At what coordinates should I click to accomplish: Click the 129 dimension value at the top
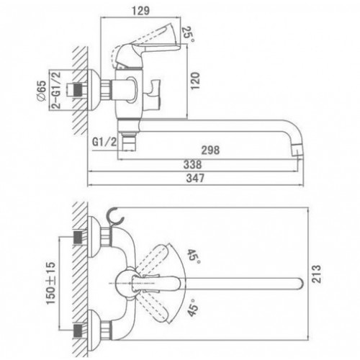(140, 11)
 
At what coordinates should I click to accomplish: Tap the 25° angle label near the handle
(189, 35)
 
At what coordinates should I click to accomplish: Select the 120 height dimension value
(195, 81)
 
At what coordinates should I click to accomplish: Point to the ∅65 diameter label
(42, 91)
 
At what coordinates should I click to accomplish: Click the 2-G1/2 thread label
(56, 90)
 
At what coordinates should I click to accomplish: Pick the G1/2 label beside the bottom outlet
(104, 142)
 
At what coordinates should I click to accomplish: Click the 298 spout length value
(210, 150)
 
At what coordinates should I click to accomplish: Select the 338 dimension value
(192, 165)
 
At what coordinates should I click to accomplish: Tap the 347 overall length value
(196, 178)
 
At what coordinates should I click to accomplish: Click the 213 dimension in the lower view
(317, 274)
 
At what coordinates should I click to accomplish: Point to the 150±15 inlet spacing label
(51, 283)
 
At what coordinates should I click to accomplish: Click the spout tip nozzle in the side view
(297, 150)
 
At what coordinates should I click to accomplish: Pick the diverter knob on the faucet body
(152, 94)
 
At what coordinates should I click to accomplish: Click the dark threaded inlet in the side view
(76, 89)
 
